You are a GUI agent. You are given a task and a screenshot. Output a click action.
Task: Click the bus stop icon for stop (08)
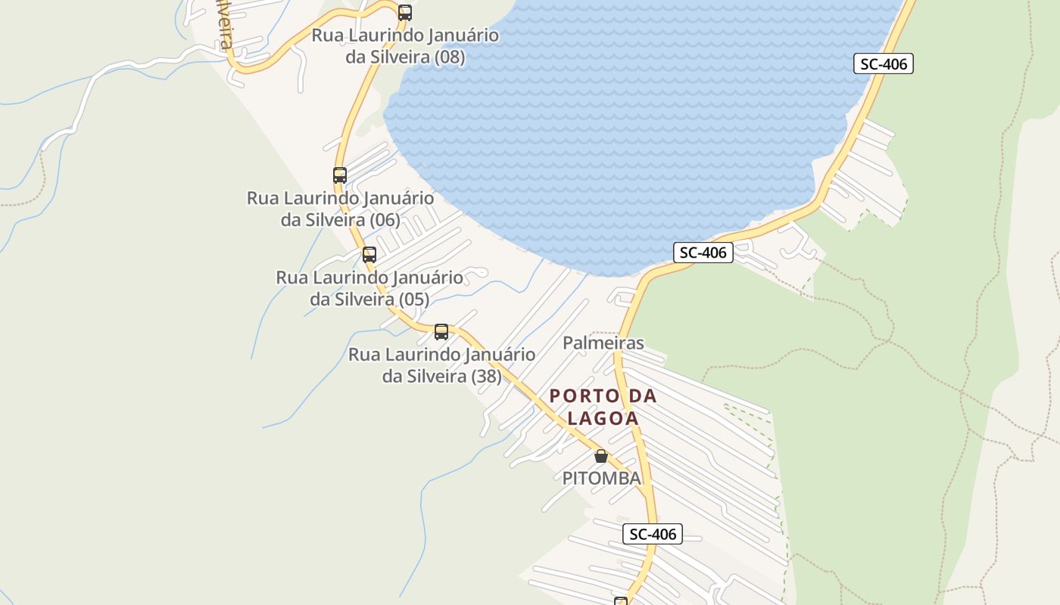pyautogui.click(x=405, y=12)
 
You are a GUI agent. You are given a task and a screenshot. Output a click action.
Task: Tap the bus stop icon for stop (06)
pyautogui.click(x=340, y=175)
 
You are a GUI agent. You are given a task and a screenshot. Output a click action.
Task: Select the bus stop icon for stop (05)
pyautogui.click(x=369, y=255)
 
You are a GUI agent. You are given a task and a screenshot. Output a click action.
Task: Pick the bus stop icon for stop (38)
pyautogui.click(x=441, y=332)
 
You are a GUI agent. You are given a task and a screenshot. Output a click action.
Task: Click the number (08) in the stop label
pyautogui.click(x=450, y=57)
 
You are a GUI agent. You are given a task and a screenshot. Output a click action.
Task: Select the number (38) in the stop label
pyautogui.click(x=486, y=376)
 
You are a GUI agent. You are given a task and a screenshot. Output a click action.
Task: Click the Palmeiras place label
pyautogui.click(x=603, y=343)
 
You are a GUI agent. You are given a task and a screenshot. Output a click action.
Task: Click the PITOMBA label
pyautogui.click(x=601, y=478)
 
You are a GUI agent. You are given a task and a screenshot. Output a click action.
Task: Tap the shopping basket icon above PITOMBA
pyautogui.click(x=601, y=456)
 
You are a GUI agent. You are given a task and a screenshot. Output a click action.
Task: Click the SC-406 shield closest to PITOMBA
pyautogui.click(x=653, y=534)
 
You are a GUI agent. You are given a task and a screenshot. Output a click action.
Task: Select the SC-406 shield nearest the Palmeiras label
pyautogui.click(x=703, y=253)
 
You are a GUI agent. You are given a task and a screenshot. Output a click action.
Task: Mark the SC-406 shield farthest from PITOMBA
pyautogui.click(x=884, y=64)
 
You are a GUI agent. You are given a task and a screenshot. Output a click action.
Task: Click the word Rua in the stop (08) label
pyautogui.click(x=327, y=36)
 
